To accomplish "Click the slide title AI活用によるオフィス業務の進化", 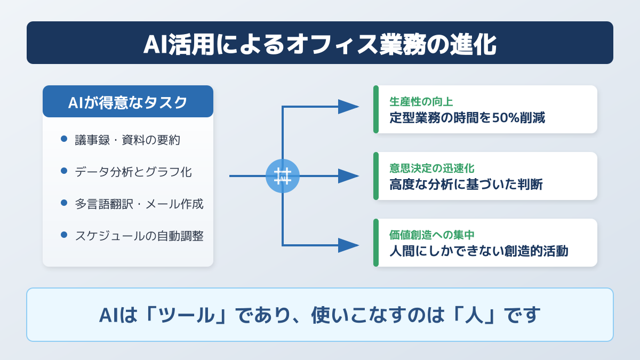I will point(319,44).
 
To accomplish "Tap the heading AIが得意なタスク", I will point(127,102).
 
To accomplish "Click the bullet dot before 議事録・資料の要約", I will point(64,139).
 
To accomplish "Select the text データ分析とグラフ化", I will point(133,172).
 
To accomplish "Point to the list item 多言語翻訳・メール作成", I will point(139,204).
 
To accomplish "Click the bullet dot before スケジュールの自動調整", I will point(64,235).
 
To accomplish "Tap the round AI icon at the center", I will point(283,176).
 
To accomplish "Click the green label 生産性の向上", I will point(421,101).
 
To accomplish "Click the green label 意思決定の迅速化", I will point(432,168).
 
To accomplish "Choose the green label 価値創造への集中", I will point(432,235).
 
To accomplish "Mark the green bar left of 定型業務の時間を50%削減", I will point(376,109).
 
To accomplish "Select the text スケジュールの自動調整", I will point(139,236).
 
